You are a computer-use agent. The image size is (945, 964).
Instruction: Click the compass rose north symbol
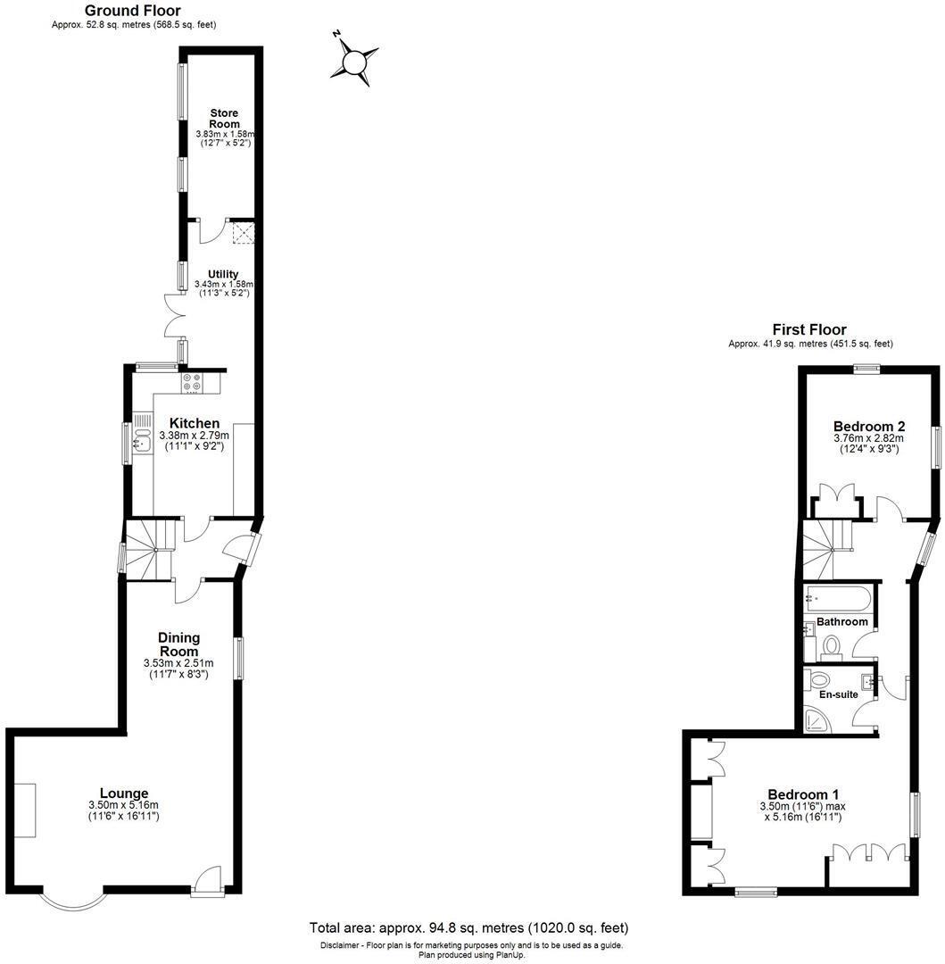[355, 62]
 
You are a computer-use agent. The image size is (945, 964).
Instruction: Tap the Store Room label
[225, 119]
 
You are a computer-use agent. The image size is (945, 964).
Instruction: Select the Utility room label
[223, 274]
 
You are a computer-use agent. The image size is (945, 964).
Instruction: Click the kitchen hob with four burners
[192, 383]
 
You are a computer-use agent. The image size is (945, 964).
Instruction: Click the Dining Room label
[179, 644]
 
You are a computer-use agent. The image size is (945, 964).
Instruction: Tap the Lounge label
[124, 794]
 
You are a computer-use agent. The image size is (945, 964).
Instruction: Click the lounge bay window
[74, 900]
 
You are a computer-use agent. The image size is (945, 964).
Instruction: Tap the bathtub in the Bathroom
[839, 597]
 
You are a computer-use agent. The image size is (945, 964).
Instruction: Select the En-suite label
[838, 694]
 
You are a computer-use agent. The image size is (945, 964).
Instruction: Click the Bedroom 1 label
[804, 794]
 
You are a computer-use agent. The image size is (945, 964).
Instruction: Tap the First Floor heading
[809, 329]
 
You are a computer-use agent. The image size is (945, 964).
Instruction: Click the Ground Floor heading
[132, 11]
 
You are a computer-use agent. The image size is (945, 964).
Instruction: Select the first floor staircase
[826, 550]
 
